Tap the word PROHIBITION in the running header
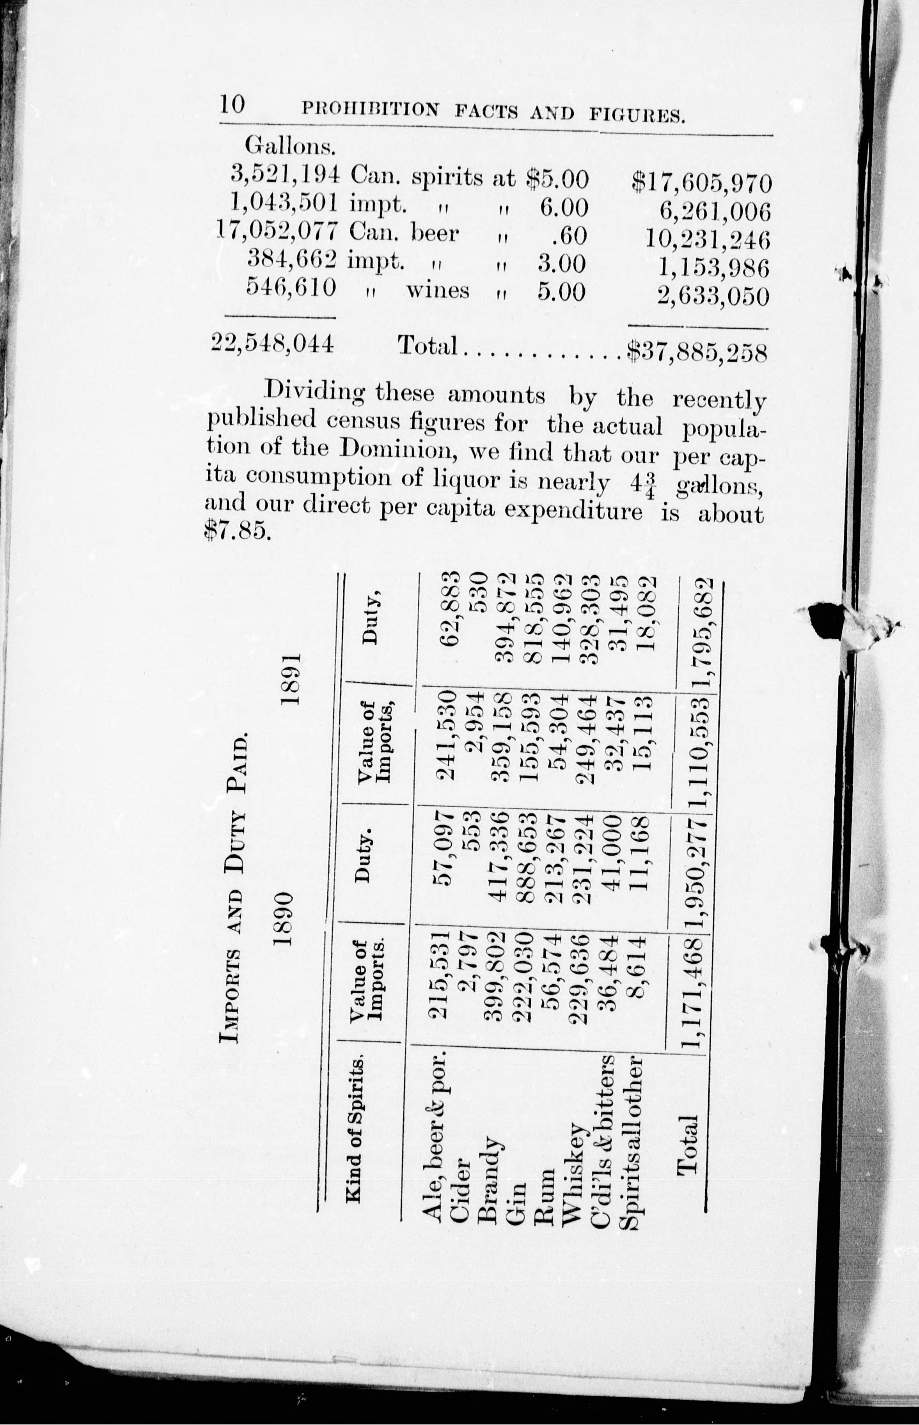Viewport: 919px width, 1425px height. tap(371, 109)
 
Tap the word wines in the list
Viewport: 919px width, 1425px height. tap(437, 291)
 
